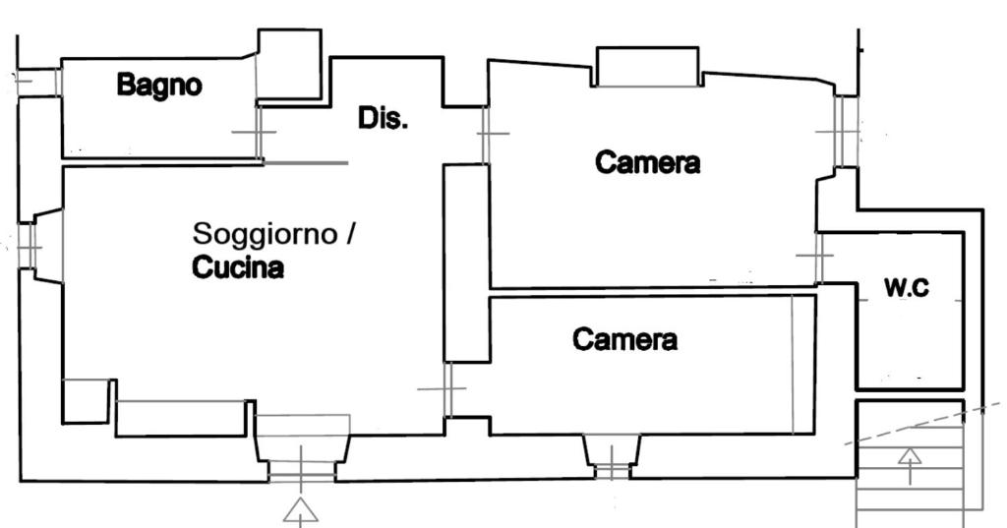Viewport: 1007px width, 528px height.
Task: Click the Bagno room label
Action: tap(159, 85)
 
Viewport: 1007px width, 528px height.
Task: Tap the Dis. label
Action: tap(383, 119)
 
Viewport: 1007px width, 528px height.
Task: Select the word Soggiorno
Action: tap(265, 234)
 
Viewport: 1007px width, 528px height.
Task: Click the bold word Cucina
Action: tap(238, 267)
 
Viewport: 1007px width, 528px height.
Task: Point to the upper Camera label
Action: tap(648, 162)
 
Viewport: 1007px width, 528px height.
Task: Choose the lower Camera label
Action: tap(625, 340)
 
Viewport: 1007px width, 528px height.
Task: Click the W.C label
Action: tap(907, 288)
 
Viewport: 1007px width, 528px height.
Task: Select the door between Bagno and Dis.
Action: tap(258, 132)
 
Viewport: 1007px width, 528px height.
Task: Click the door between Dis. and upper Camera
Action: tap(485, 134)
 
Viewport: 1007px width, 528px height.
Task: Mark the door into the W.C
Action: tap(818, 256)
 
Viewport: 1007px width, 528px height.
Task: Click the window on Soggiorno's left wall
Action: tap(28, 246)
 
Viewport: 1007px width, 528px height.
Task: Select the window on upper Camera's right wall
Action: tap(845, 130)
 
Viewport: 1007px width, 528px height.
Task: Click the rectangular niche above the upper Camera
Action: tap(647, 67)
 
